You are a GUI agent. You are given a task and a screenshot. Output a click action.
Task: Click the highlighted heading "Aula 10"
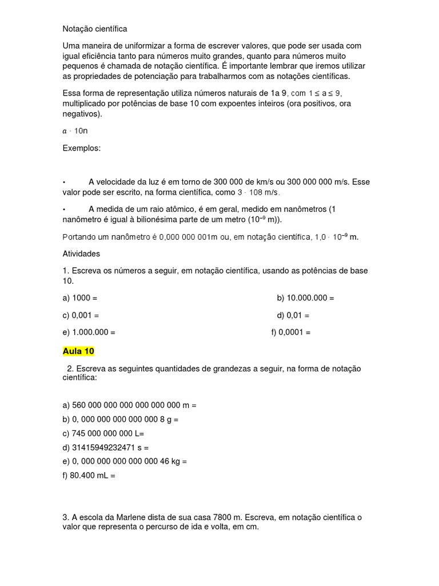click(x=78, y=351)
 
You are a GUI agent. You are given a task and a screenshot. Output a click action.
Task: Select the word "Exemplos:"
click(x=81, y=148)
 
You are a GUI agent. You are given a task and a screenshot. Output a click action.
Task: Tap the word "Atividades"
click(x=81, y=253)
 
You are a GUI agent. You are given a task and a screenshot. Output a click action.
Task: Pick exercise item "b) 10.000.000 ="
click(x=305, y=298)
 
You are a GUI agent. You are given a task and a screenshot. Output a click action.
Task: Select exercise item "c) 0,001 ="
click(x=81, y=315)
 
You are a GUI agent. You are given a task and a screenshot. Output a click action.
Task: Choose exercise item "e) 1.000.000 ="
click(x=89, y=332)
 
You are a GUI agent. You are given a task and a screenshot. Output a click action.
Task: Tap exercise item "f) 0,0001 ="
click(x=291, y=332)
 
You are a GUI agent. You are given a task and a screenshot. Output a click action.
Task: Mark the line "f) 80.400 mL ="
click(x=89, y=475)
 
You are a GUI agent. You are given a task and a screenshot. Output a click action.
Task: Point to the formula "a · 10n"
click(x=75, y=130)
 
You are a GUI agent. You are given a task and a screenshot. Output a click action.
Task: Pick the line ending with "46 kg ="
click(x=125, y=461)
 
